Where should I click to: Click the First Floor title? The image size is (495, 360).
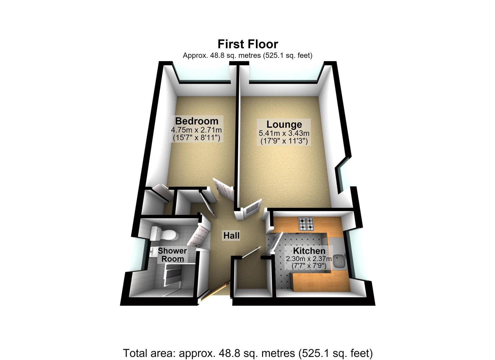point(248,44)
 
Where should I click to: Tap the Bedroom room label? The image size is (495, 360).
point(197,121)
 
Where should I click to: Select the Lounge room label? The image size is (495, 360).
point(284,124)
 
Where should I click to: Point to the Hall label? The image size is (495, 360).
point(231,236)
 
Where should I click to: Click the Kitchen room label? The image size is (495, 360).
point(309,251)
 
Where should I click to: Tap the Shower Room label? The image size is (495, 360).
point(172,255)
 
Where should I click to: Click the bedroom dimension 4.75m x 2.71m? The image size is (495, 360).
point(196,130)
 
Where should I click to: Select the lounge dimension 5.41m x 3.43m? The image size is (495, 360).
point(284,133)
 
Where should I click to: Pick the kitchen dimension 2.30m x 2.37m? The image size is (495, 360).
point(309,259)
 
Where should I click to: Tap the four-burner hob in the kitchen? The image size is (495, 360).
point(306,224)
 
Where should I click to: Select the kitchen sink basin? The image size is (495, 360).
point(339,261)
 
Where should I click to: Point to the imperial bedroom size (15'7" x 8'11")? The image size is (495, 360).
point(196,138)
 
